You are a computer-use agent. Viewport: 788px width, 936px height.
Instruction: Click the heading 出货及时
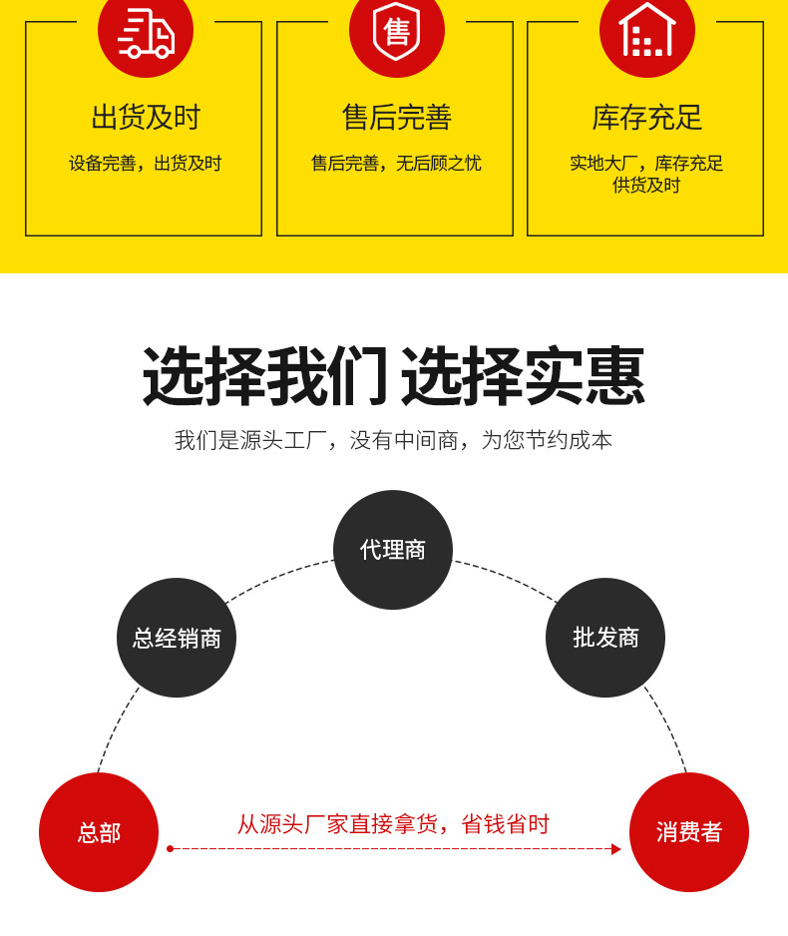(146, 118)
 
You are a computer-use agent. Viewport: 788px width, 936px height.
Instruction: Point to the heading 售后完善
(396, 118)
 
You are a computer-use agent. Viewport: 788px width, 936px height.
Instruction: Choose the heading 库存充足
(646, 118)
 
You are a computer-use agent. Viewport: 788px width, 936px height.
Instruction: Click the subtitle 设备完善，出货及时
(146, 164)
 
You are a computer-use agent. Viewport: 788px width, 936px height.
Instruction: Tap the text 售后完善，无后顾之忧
(396, 164)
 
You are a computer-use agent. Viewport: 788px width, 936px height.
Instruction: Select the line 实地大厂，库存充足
(646, 164)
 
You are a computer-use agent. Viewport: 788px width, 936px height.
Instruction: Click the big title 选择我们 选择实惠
(394, 377)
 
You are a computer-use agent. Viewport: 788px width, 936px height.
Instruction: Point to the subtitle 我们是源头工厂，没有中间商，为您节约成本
(394, 440)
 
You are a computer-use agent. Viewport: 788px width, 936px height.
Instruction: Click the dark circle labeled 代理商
(393, 550)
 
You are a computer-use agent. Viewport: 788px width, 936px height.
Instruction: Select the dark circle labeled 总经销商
(177, 638)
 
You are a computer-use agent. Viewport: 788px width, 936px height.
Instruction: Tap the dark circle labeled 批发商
(605, 638)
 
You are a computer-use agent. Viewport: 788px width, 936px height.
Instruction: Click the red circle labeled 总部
(99, 832)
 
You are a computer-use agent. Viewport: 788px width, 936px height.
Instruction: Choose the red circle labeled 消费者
(689, 832)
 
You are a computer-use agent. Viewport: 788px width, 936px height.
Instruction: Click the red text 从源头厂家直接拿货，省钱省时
(393, 824)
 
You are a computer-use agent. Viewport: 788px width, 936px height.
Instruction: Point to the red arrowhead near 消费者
(616, 849)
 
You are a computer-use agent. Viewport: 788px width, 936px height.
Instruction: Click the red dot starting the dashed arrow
(170, 849)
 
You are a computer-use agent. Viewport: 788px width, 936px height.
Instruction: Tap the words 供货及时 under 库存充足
(646, 186)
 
